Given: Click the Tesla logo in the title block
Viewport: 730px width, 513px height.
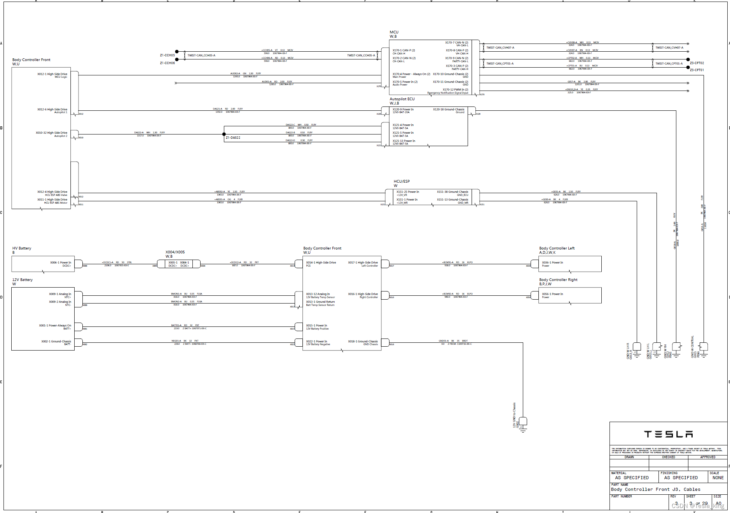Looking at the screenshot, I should [668, 434].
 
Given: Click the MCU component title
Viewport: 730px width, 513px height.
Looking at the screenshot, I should [394, 32].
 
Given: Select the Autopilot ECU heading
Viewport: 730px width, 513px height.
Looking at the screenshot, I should [402, 99].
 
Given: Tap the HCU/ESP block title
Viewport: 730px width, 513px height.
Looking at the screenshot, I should [402, 181].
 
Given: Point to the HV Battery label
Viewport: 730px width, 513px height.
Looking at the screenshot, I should [22, 248].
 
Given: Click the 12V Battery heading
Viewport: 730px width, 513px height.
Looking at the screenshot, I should [23, 280].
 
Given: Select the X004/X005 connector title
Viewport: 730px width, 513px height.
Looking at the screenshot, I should [175, 252].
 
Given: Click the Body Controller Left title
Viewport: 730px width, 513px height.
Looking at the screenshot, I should [557, 248].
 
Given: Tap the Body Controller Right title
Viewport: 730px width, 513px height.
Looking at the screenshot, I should [558, 280].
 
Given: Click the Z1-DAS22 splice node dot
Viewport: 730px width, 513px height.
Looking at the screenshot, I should [224, 134].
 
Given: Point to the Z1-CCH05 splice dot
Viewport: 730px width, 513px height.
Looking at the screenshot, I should [177, 52].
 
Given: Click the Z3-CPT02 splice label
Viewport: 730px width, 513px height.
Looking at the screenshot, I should [697, 63].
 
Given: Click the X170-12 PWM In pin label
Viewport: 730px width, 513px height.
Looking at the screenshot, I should [455, 90].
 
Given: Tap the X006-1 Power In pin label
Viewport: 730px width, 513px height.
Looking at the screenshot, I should [61, 263].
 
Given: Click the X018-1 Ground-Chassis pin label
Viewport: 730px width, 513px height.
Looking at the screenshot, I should [363, 342].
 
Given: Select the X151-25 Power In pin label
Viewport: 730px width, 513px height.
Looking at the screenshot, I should [408, 192].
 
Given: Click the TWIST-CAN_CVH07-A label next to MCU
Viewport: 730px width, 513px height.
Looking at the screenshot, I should [500, 48].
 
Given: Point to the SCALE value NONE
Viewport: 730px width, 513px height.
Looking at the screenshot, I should [718, 478].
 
